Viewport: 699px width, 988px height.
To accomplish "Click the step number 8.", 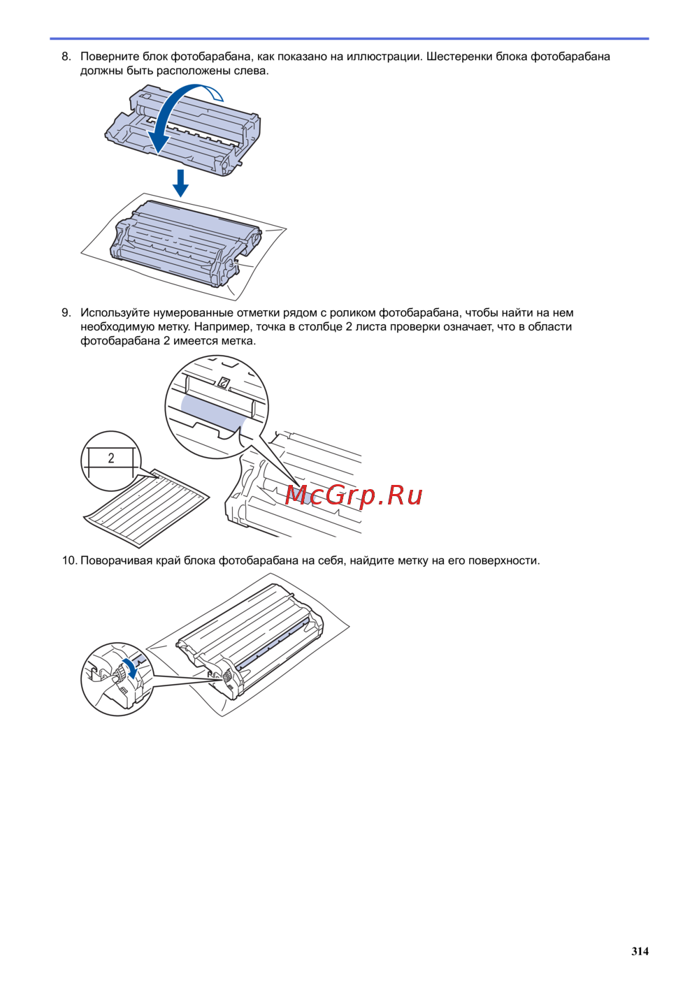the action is [66, 57].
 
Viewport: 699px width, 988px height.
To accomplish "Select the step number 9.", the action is [66, 313].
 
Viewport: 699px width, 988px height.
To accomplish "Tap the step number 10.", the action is [69, 560].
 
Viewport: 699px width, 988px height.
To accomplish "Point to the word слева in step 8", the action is [253, 71].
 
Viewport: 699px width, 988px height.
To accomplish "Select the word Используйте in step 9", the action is [115, 313].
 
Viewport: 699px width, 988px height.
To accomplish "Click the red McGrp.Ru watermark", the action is [354, 495].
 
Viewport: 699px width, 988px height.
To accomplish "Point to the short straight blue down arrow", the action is [180, 183].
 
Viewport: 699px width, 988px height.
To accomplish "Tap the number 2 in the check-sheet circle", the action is [110, 458].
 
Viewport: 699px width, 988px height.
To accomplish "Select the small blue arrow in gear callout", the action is [131, 668].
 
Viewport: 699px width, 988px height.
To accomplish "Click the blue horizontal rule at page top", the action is [349, 39].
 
